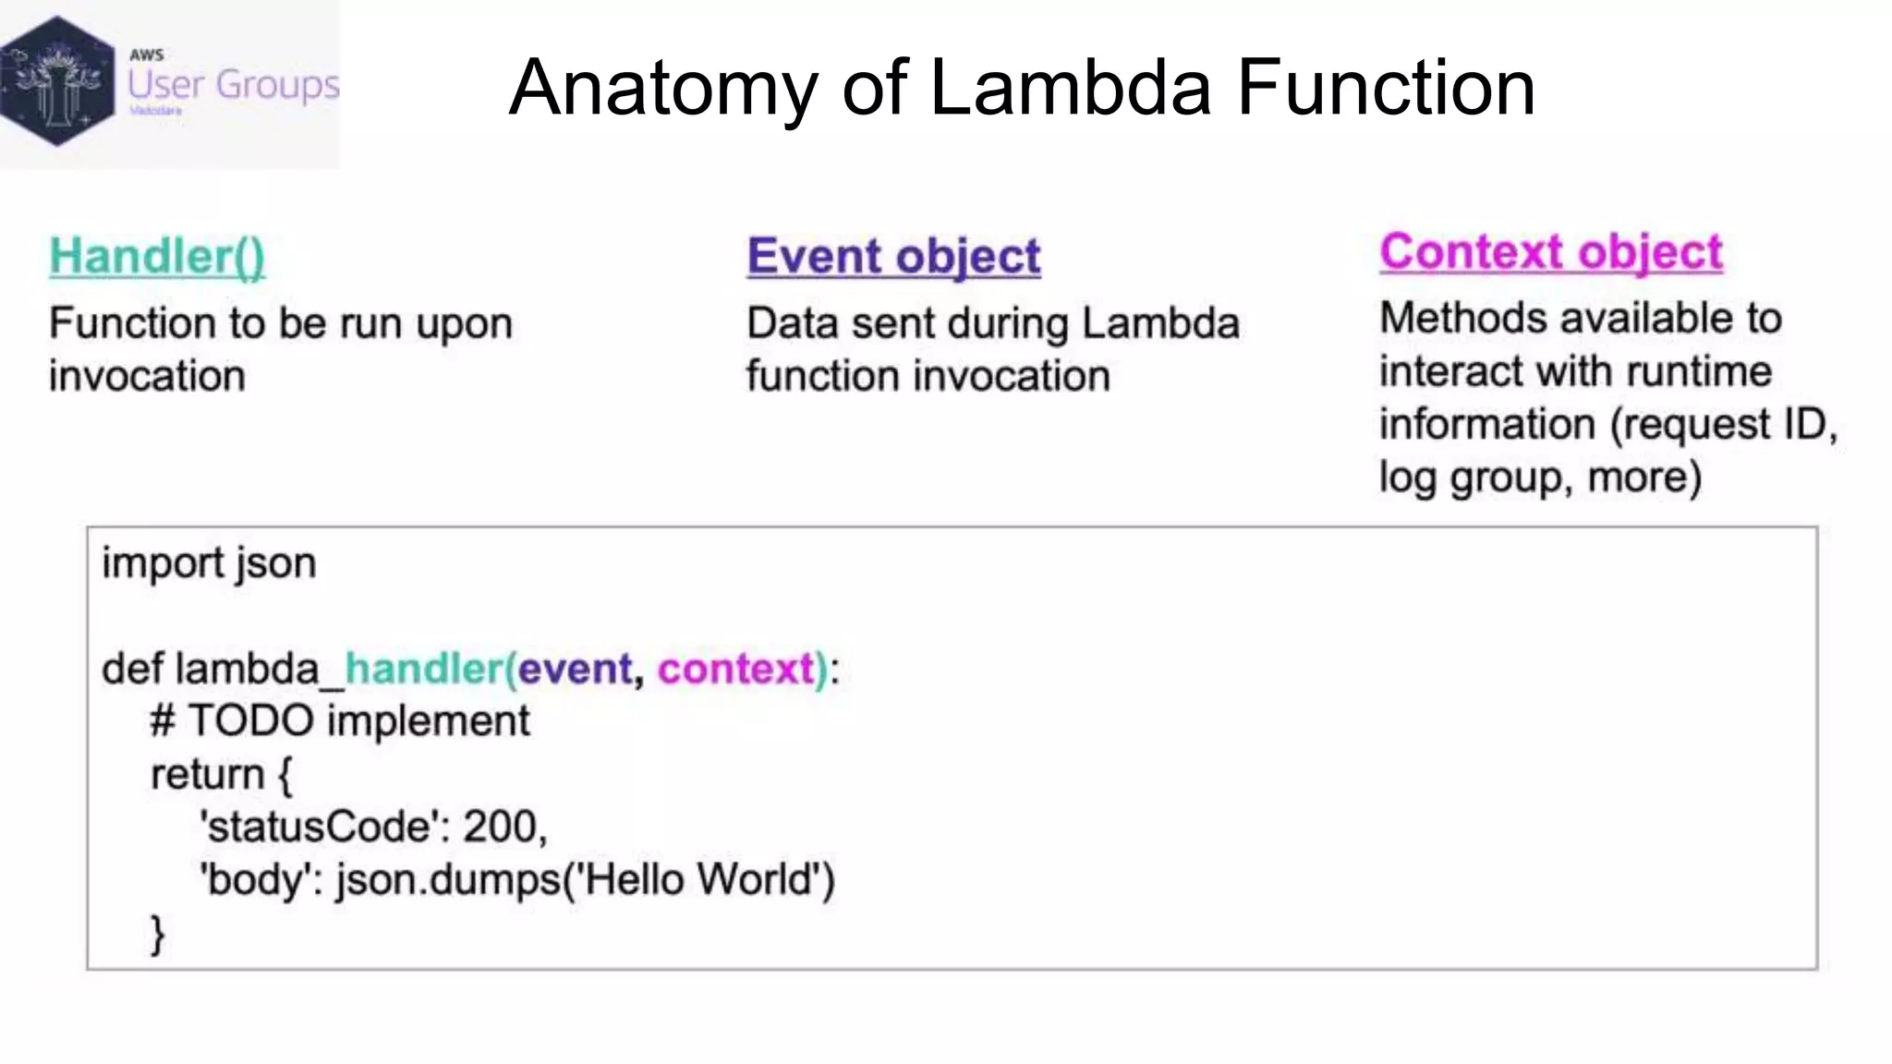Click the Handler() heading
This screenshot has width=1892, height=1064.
point(157,256)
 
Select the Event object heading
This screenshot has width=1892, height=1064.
point(893,256)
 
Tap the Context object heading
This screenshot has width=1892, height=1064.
point(1551,251)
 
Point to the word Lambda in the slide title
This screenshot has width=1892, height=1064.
point(1070,88)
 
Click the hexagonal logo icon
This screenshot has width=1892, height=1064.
point(57,81)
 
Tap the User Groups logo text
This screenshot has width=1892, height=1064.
point(233,85)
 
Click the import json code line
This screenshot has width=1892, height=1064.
point(209,562)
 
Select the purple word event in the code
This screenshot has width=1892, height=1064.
point(576,668)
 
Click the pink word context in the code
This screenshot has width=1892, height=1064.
point(736,668)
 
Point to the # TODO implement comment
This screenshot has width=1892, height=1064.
point(340,720)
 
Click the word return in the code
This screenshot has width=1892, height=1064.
point(207,774)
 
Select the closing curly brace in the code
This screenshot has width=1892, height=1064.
point(157,933)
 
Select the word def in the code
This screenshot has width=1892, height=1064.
point(132,668)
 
